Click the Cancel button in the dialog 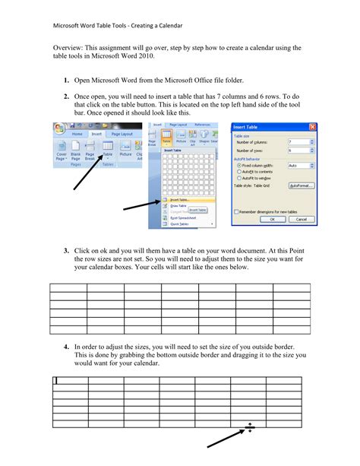(x=302, y=218)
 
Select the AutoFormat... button (x=301, y=185)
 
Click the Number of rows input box (x=298, y=151)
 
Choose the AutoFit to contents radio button (x=240, y=171)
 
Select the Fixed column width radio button (x=240, y=164)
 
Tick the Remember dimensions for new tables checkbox (x=236, y=211)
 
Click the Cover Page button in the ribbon (x=62, y=155)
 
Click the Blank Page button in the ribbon (x=76, y=155)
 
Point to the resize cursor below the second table (x=250, y=429)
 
